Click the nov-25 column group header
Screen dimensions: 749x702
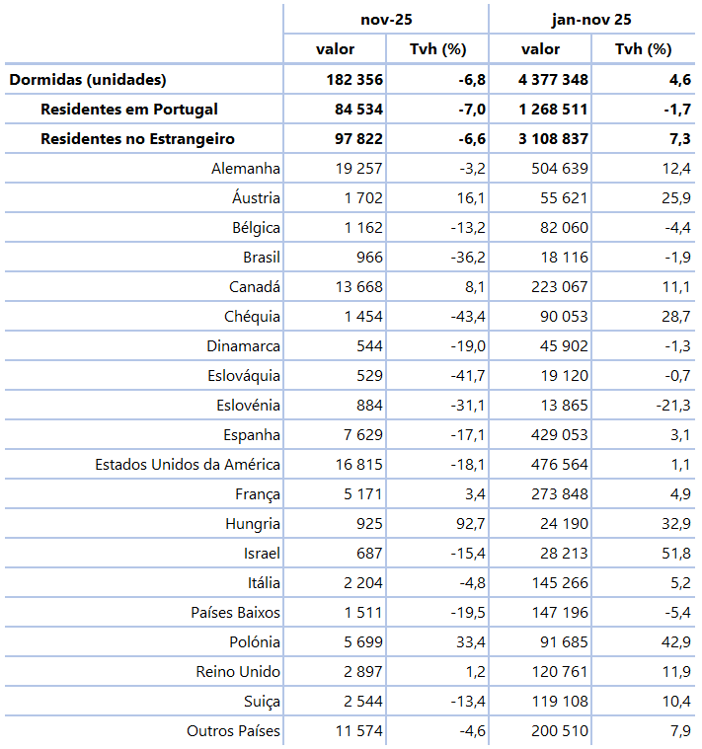(x=385, y=19)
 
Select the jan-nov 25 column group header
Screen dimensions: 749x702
(x=590, y=19)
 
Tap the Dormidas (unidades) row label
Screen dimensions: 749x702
(x=88, y=80)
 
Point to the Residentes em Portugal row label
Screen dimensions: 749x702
(x=129, y=110)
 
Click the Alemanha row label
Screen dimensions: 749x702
(x=246, y=169)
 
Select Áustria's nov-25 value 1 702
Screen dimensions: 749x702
(x=362, y=198)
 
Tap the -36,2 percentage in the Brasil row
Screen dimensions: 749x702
(x=465, y=258)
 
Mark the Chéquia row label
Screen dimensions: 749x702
(x=252, y=317)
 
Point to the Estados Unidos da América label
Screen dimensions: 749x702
(x=188, y=465)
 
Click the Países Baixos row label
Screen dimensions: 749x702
(x=235, y=613)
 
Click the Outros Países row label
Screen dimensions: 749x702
(x=233, y=731)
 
